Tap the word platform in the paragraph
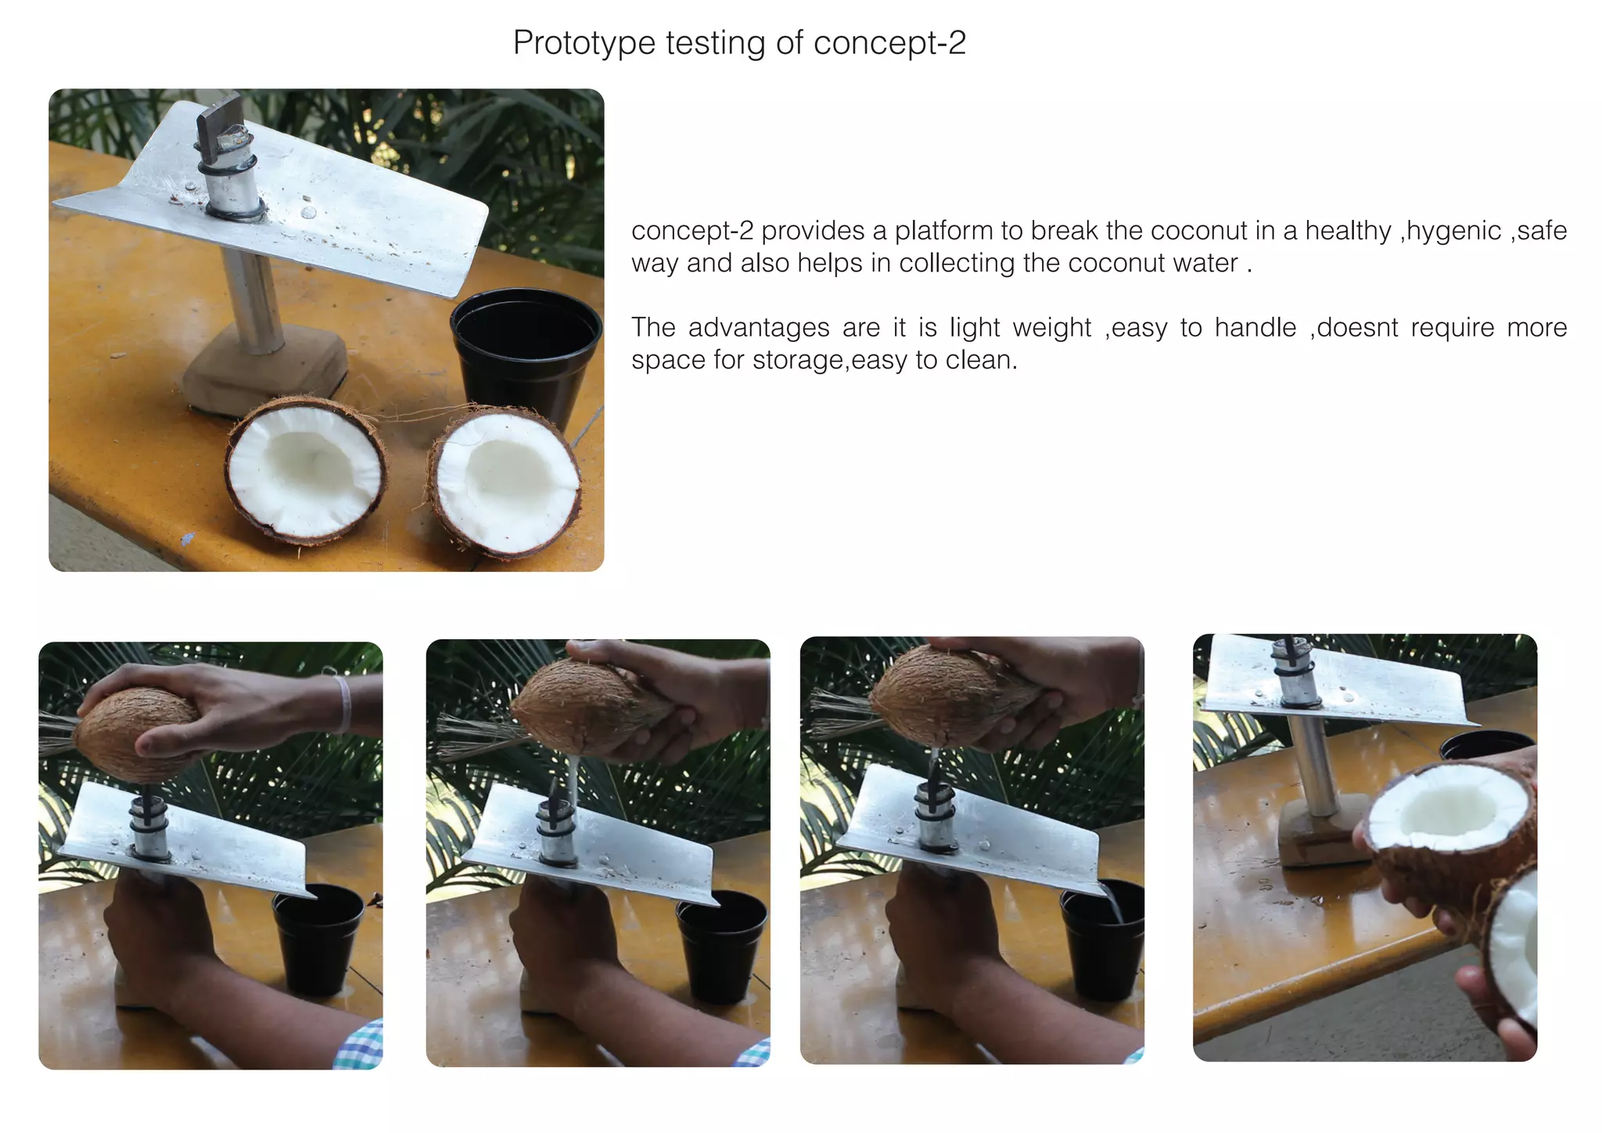(x=943, y=232)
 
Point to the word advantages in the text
(x=759, y=327)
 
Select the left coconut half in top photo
(x=306, y=470)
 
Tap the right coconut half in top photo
(x=505, y=481)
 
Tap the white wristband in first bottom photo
(x=343, y=703)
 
